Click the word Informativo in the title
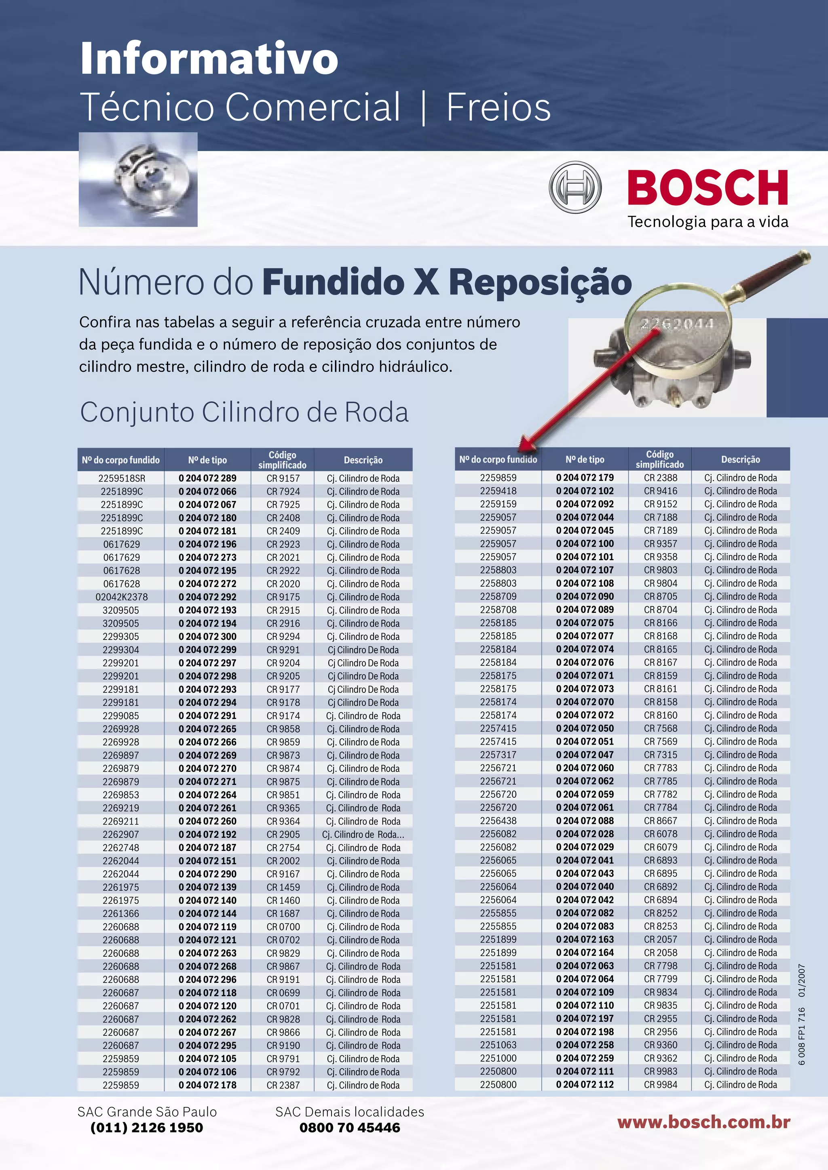[209, 59]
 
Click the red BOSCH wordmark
[707, 188]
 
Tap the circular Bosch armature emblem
[575, 187]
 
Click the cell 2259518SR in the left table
[121, 478]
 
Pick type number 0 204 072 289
[207, 478]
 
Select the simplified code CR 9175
[283, 597]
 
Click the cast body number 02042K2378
[121, 597]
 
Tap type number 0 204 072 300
[207, 636]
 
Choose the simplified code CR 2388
[660, 478]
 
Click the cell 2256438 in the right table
[498, 821]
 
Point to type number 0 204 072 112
[585, 1084]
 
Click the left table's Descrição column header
[363, 460]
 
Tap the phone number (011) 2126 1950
[147, 1127]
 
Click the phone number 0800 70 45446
[350, 1127]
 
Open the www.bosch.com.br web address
[703, 1122]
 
